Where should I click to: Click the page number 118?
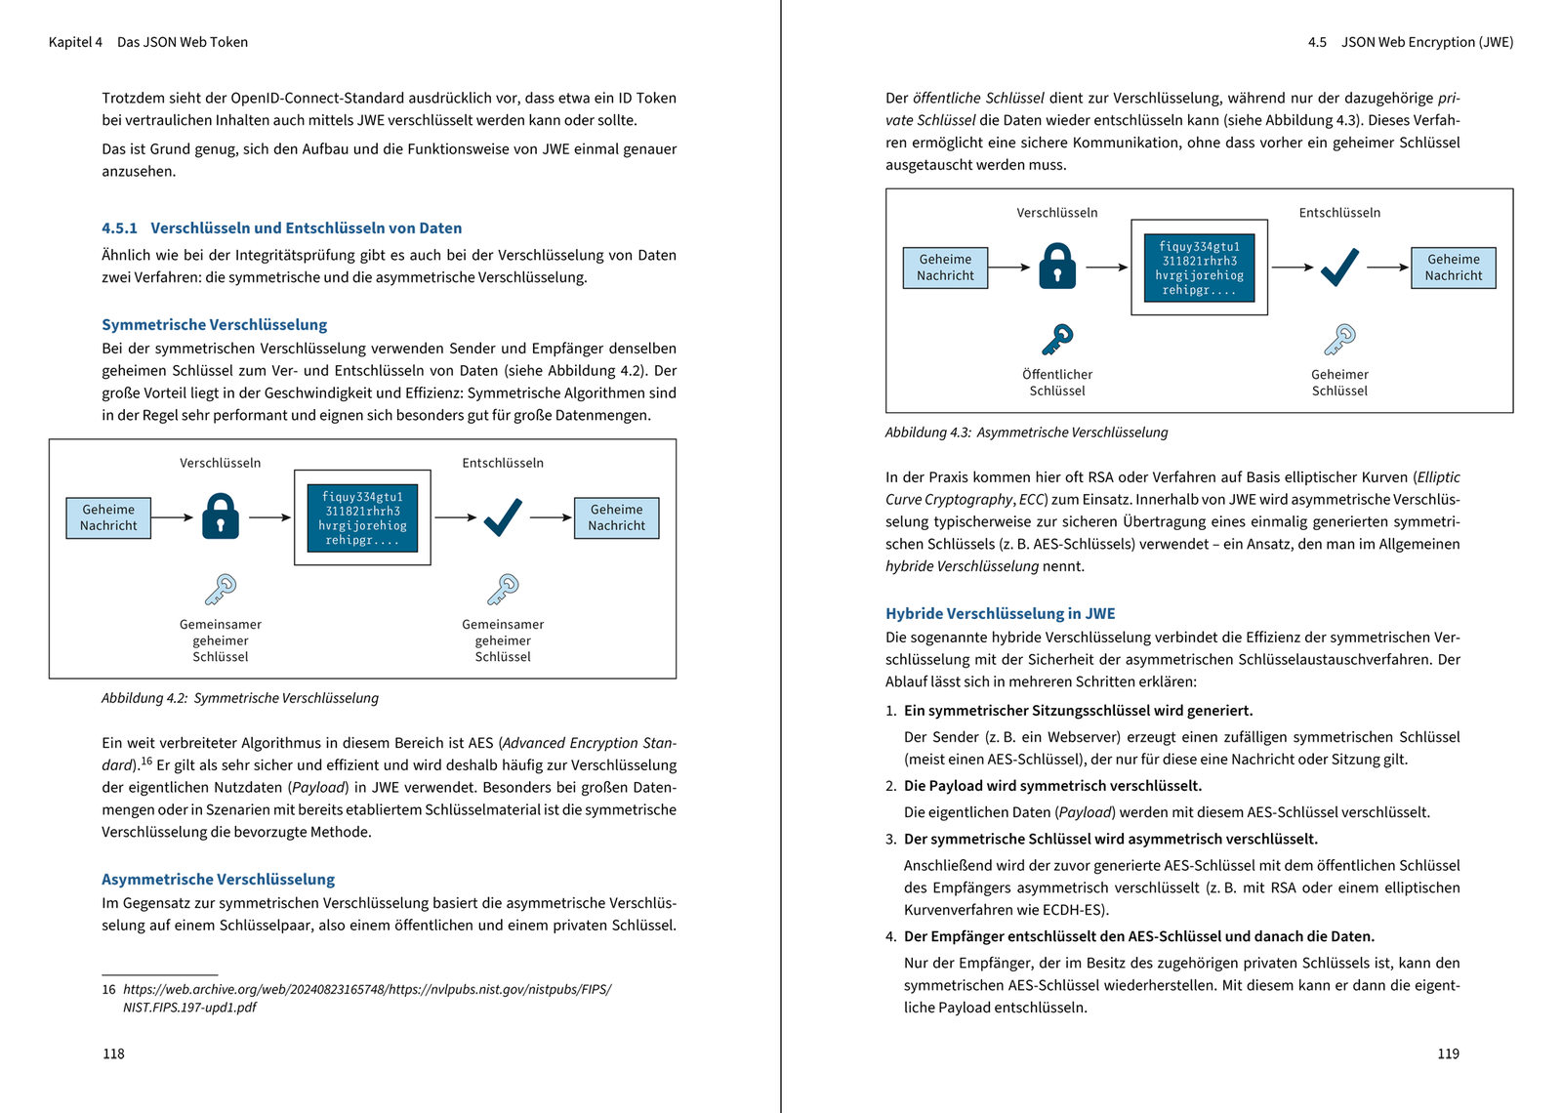click(x=113, y=1053)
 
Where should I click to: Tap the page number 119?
click(x=1448, y=1053)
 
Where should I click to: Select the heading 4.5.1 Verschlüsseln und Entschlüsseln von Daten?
click(x=281, y=227)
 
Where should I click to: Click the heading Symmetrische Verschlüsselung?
click(x=214, y=324)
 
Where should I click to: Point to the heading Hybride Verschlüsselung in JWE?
click(x=1000, y=613)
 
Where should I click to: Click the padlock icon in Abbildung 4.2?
click(x=221, y=516)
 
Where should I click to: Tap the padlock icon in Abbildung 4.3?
click(x=1057, y=267)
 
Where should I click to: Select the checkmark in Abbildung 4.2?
click(x=503, y=516)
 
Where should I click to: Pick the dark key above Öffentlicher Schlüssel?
click(x=1057, y=340)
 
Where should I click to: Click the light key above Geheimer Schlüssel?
click(x=1339, y=340)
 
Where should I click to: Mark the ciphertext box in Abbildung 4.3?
click(x=1199, y=268)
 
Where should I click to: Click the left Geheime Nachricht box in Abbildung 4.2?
click(x=108, y=517)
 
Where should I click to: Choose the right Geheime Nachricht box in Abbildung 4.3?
click(x=1453, y=268)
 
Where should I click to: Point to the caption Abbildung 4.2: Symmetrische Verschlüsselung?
click(x=240, y=698)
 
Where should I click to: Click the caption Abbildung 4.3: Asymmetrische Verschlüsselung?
click(x=1026, y=433)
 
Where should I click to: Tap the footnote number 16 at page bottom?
click(x=108, y=989)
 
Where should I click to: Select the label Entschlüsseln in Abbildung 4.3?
click(x=1339, y=213)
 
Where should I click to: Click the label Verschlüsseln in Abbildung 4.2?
click(x=220, y=463)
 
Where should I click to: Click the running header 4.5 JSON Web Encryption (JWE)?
click(x=1410, y=42)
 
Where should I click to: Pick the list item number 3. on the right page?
click(x=890, y=839)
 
